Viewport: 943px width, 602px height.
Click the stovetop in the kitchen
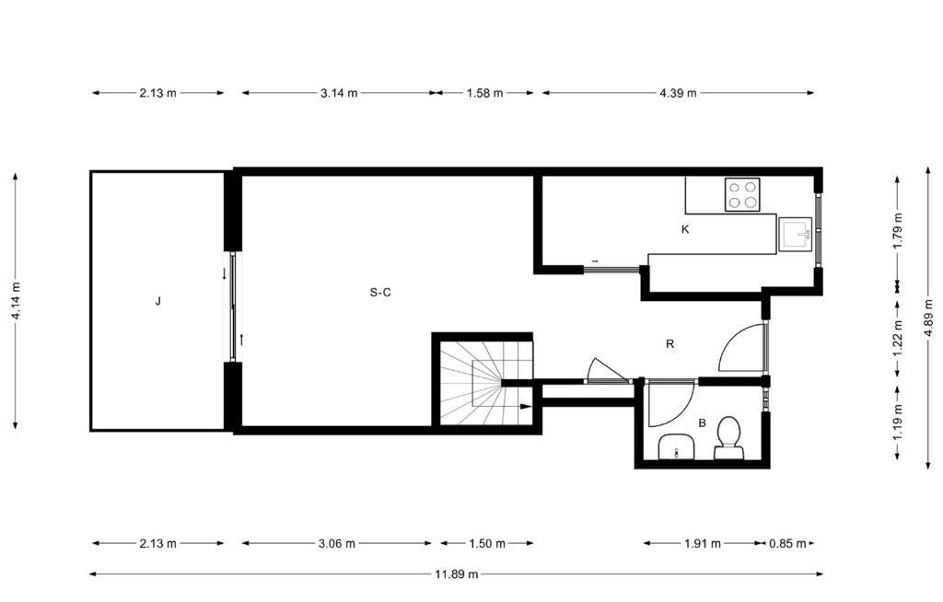pyautogui.click(x=742, y=194)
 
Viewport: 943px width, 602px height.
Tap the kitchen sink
pyautogui.click(x=795, y=234)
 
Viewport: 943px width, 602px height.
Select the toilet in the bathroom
pyautogui.click(x=729, y=438)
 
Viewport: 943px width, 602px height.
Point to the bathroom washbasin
pyautogui.click(x=677, y=447)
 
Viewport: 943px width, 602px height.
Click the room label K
pyautogui.click(x=685, y=229)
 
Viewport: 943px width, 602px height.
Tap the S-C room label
pyautogui.click(x=380, y=293)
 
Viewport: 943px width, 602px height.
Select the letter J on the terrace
pyautogui.click(x=157, y=301)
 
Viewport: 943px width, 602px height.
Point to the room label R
pyautogui.click(x=670, y=344)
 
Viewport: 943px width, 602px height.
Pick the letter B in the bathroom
pyautogui.click(x=702, y=423)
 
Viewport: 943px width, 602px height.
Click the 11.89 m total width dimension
pyautogui.click(x=457, y=574)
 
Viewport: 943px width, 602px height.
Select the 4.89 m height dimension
pyautogui.click(x=930, y=317)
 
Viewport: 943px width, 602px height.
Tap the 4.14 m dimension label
pyautogui.click(x=16, y=302)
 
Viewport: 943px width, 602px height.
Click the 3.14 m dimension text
pyautogui.click(x=339, y=93)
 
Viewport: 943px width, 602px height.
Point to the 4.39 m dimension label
pyautogui.click(x=679, y=93)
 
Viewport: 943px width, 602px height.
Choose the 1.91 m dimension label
pyautogui.click(x=703, y=544)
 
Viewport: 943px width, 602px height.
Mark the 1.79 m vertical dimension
pyautogui.click(x=898, y=231)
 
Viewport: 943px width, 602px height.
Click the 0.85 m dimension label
pyautogui.click(x=788, y=544)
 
